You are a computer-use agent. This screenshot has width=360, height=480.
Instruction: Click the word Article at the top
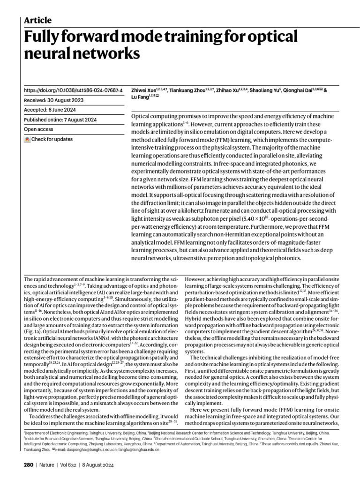coord(37,20)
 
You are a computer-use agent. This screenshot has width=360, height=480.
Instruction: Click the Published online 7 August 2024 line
coord(60,120)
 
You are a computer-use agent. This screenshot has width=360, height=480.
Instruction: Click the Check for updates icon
coord(28,140)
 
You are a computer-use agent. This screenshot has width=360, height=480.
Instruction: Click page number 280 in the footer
coord(29,465)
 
